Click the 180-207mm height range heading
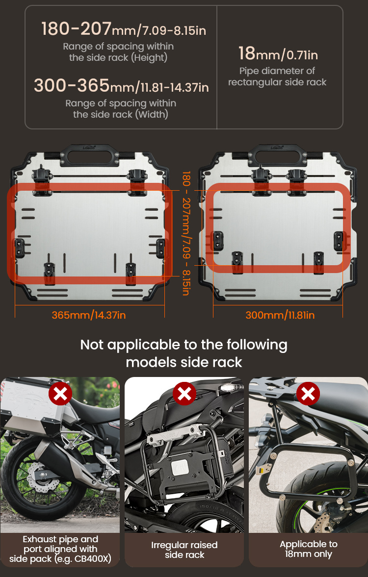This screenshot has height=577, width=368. tap(124, 29)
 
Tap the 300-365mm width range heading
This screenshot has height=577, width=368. tap(121, 86)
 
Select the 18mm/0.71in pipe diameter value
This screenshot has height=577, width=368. tap(278, 54)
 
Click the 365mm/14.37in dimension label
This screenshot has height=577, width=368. tap(89, 315)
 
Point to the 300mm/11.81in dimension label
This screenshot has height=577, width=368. tap(280, 315)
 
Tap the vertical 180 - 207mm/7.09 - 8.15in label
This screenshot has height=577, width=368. tap(186, 233)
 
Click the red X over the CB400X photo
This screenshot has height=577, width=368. tap(60, 394)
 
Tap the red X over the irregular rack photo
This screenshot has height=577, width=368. tap(184, 394)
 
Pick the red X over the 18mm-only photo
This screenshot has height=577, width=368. tap(308, 394)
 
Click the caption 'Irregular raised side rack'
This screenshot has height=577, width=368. tap(184, 550)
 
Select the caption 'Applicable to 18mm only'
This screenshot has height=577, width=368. tap(308, 549)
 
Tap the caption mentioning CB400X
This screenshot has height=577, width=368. tap(60, 549)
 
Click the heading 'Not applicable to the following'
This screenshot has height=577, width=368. tap(184, 345)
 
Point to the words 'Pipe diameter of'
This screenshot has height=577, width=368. tap(277, 71)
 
